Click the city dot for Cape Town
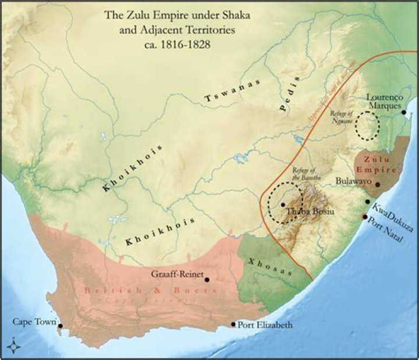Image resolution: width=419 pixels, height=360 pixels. (60, 327)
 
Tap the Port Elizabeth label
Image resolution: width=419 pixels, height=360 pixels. (265, 324)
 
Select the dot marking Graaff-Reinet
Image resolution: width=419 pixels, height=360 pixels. (207, 280)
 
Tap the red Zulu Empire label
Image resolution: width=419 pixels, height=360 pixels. (377, 163)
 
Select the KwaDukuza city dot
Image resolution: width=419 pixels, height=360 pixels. (367, 202)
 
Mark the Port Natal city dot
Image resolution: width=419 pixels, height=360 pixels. (364, 217)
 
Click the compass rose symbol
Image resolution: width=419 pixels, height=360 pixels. (12, 348)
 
